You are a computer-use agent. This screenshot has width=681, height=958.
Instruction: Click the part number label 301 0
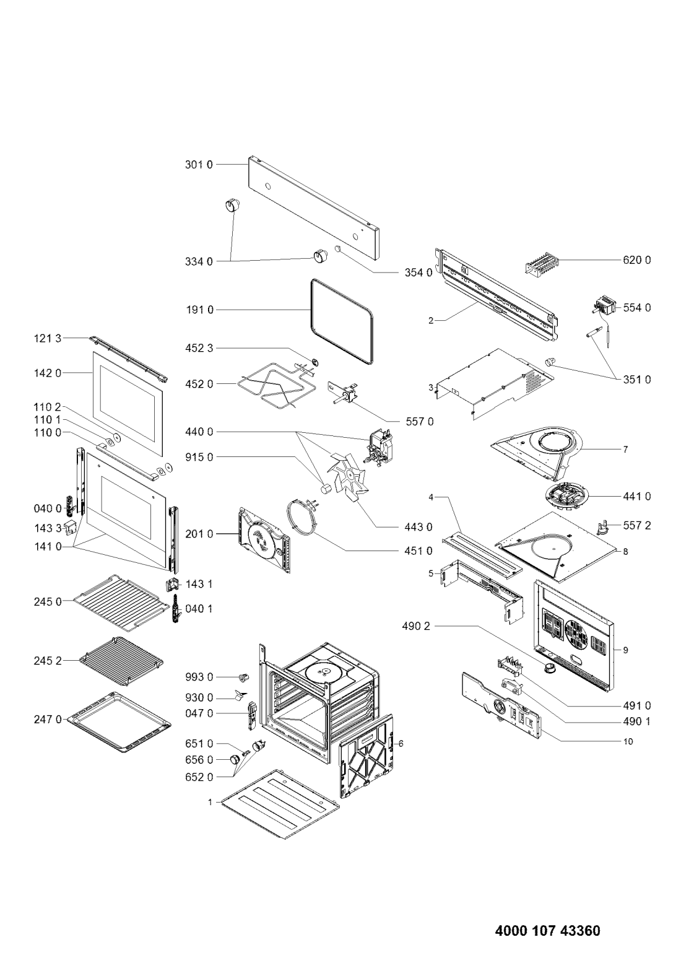pyautogui.click(x=198, y=165)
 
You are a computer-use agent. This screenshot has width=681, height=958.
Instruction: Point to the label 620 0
pyautogui.click(x=637, y=259)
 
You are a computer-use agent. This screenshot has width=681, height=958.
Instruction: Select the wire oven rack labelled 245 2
pyautogui.click(x=121, y=661)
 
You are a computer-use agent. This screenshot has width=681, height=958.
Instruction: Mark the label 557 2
pyautogui.click(x=637, y=525)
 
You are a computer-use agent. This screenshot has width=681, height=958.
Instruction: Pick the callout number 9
pyautogui.click(x=625, y=650)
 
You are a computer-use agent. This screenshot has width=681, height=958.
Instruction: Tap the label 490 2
pyautogui.click(x=416, y=626)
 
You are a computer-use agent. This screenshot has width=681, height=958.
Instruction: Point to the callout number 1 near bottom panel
pyautogui.click(x=210, y=803)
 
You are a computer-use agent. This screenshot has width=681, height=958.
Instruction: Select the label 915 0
pyautogui.click(x=199, y=457)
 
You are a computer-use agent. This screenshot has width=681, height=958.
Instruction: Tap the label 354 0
pyautogui.click(x=419, y=272)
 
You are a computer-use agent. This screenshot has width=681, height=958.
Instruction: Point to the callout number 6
pyautogui.click(x=401, y=744)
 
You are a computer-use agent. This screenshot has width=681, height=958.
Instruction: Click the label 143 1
pyautogui.click(x=198, y=584)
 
